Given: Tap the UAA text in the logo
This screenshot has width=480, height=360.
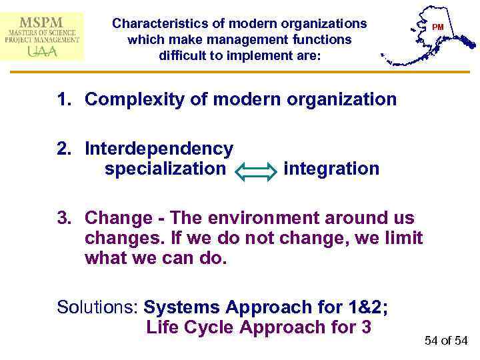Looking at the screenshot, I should click(x=41, y=52).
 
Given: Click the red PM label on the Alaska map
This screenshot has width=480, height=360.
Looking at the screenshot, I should click(x=437, y=27).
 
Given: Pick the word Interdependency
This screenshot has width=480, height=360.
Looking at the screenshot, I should click(x=159, y=149).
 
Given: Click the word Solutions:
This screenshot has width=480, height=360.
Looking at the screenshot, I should click(x=98, y=307).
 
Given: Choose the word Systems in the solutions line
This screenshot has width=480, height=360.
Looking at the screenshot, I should click(x=182, y=307).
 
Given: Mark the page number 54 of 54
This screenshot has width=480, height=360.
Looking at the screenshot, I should click(x=446, y=341).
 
